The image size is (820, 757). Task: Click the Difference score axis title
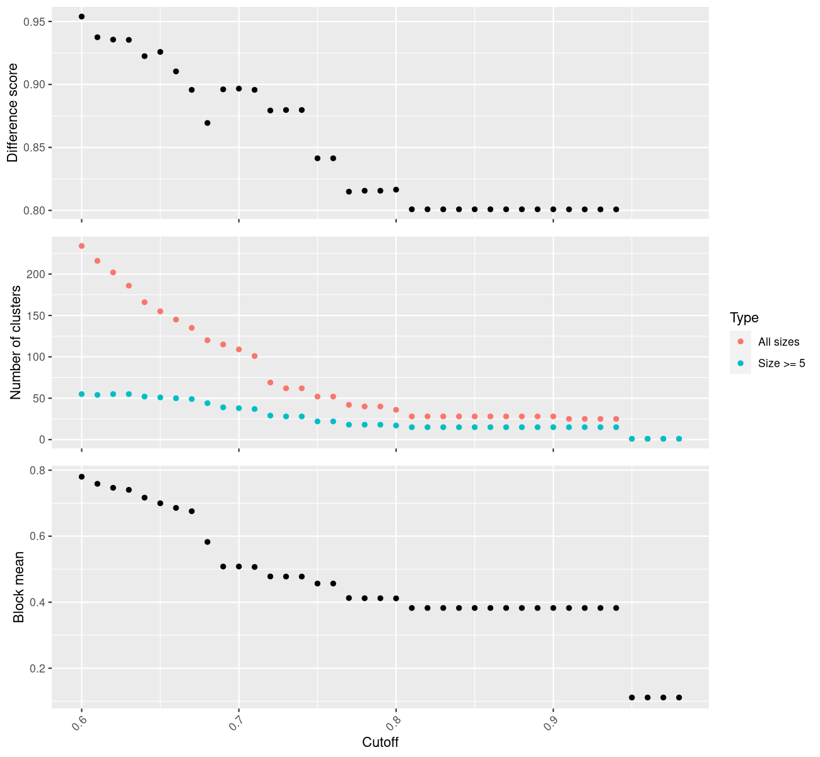point(13,113)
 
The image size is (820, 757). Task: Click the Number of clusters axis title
point(16,343)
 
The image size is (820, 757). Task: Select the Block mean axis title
point(19,587)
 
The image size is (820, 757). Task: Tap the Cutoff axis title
point(380,742)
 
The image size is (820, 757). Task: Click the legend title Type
point(744,317)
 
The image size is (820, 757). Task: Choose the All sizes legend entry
point(778,342)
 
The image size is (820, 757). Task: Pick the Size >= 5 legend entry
point(782,363)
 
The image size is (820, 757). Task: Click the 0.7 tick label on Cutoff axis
point(232,721)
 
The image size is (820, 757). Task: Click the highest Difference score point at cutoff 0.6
point(81,16)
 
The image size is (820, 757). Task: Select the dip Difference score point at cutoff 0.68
point(208,123)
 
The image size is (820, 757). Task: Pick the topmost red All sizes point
point(81,246)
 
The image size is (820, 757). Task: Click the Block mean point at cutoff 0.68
point(208,542)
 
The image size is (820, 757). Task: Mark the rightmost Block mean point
point(679,697)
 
